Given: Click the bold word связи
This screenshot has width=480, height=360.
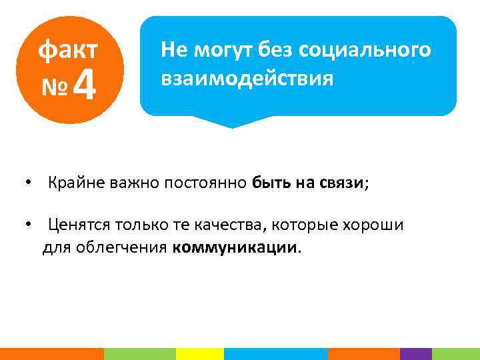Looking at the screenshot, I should point(343,183).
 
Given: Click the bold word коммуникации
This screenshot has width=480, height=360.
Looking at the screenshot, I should point(235,248).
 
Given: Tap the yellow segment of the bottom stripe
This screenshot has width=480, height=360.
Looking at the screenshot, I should point(199,354).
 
